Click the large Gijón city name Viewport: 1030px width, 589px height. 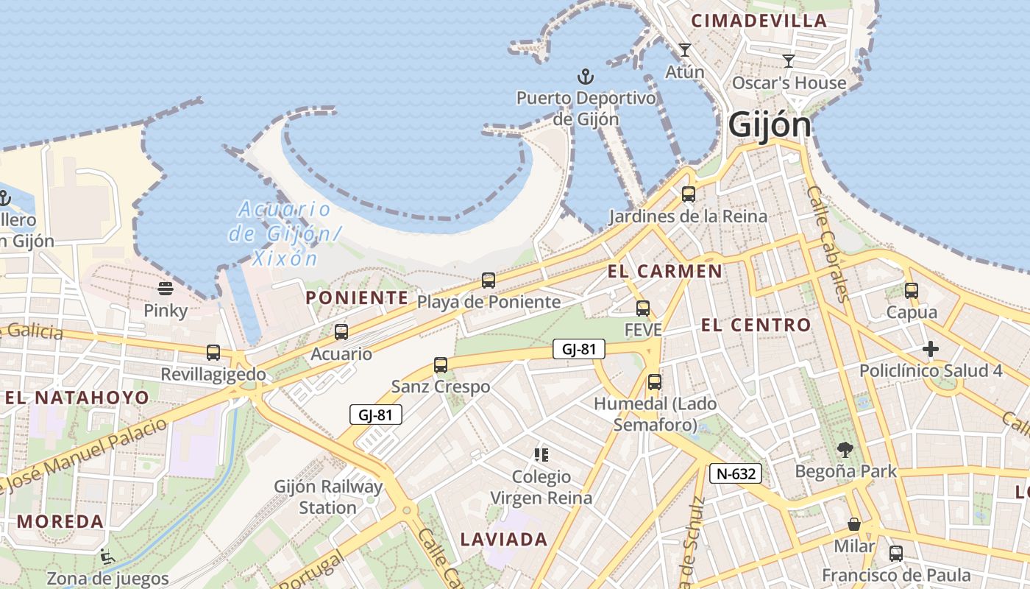(770, 125)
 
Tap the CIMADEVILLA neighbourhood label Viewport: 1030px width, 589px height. (759, 21)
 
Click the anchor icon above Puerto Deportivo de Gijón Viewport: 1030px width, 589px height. (585, 77)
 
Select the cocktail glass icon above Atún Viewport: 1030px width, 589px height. (685, 50)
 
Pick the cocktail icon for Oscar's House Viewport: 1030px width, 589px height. (789, 61)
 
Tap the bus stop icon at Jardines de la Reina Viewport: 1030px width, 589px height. (689, 194)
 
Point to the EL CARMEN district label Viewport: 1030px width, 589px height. (664, 271)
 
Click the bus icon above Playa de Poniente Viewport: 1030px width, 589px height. (489, 281)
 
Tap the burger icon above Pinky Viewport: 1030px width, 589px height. (166, 289)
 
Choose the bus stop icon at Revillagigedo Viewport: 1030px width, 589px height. (213, 353)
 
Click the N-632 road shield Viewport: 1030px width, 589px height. (735, 473)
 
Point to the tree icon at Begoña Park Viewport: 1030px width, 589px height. (845, 449)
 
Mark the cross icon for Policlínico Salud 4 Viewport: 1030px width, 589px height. (931, 349)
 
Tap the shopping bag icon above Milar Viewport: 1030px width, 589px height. (854, 524)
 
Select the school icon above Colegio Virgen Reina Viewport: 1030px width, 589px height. (541, 455)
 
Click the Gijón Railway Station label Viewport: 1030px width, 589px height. (328, 497)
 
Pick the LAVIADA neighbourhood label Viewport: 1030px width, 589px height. (504, 540)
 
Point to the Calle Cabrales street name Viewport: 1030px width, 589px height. (828, 243)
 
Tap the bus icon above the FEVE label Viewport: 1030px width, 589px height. (643, 308)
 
